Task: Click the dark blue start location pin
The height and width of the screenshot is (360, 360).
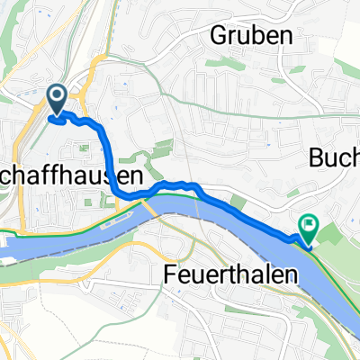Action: [x=56, y=99]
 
